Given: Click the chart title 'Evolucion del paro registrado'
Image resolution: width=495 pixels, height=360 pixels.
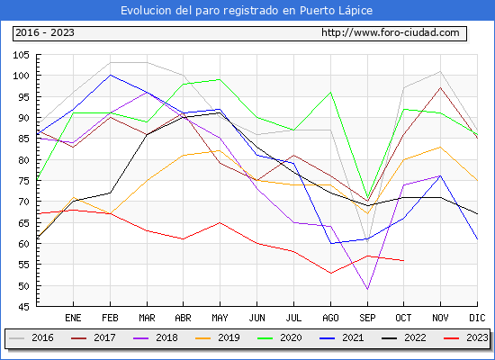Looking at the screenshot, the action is (200, 11).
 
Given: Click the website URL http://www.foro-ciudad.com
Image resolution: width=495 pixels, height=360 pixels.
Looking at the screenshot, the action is (391, 32).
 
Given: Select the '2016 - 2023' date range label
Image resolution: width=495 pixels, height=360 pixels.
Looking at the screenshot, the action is (45, 32).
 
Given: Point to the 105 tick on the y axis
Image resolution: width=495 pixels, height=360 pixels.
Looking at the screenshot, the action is (21, 55).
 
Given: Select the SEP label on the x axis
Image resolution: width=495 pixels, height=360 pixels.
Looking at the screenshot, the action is (367, 318).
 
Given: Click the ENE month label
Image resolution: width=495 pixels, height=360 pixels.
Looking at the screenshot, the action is (73, 318).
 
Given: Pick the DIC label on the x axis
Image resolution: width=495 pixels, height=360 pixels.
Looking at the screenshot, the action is (477, 318).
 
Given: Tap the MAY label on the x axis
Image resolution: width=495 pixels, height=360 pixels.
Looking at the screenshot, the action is (220, 318).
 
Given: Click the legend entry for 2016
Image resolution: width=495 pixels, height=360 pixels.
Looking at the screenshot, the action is (31, 337).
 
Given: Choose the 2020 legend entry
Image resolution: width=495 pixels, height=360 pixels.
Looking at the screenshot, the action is (280, 337).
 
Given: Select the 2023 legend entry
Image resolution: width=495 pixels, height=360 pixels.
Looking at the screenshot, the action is (466, 337).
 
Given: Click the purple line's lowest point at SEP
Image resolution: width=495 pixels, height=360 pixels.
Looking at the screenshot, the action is (367, 290).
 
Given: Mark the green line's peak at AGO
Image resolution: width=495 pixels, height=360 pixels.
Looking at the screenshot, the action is (330, 92).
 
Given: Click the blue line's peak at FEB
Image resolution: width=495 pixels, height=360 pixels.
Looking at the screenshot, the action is (110, 76).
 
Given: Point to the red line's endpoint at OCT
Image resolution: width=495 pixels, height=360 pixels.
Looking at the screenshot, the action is (404, 260).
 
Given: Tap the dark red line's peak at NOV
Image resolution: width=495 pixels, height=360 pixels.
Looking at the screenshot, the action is (440, 88).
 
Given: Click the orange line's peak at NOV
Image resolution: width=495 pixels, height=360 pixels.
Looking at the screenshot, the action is (440, 148).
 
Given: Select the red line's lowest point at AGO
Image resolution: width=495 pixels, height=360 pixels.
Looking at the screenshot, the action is (330, 274).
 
